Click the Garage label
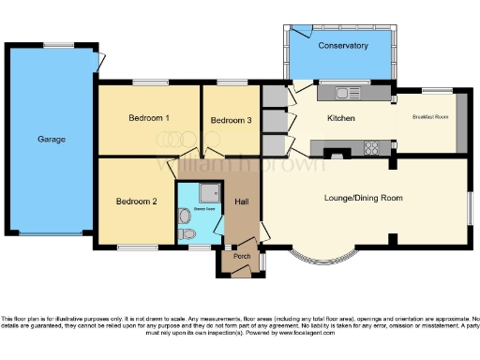pyautogui.click(x=52, y=140)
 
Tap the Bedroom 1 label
pyautogui.click(x=148, y=118)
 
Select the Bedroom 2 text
pyautogui.click(x=136, y=202)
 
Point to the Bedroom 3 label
pyautogui.click(x=231, y=120)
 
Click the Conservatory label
pyautogui.click(x=342, y=45)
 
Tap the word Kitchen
pyautogui.click(x=339, y=119)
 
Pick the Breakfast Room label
pyautogui.click(x=429, y=118)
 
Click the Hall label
pyautogui.click(x=242, y=202)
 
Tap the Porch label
pyautogui.click(x=241, y=255)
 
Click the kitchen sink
pyautogui.click(x=346, y=92)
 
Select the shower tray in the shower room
pyautogui.click(x=206, y=193)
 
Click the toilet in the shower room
pyautogui.click(x=186, y=232)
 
